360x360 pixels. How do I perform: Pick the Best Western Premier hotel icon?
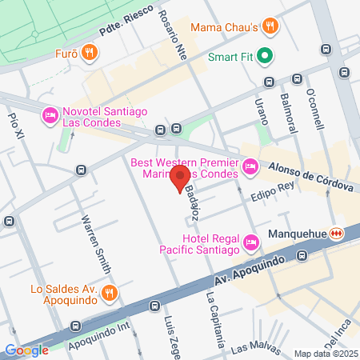(x=250, y=167)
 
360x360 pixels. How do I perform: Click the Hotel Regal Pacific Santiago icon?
(x=250, y=241)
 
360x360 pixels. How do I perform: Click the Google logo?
(x=27, y=350)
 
